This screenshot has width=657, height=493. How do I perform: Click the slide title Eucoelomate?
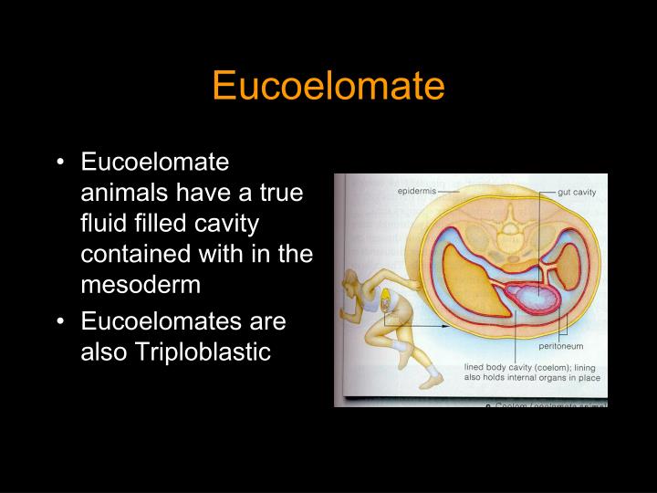click(x=328, y=87)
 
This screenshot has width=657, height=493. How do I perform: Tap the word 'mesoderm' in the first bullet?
click(x=140, y=285)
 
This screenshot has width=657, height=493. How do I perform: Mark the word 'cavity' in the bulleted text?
click(x=224, y=223)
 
